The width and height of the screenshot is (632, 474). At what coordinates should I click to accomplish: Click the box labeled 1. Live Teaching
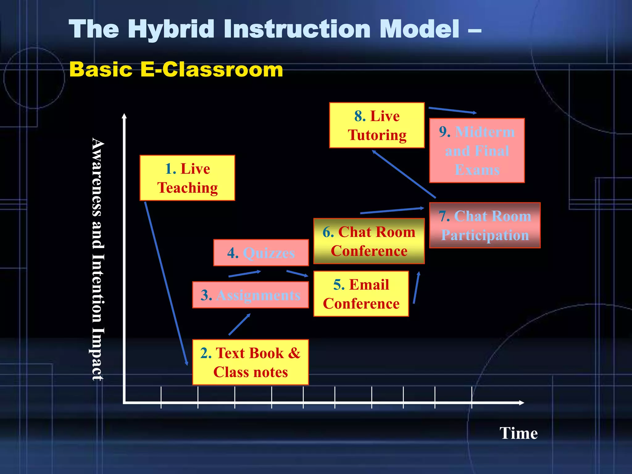[187, 178]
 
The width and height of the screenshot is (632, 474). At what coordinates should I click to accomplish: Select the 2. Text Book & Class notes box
[250, 362]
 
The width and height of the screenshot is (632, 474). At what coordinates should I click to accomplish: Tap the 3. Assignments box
[250, 295]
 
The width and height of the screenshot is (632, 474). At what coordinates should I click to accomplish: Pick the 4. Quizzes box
[261, 253]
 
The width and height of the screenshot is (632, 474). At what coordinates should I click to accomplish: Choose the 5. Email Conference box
[361, 294]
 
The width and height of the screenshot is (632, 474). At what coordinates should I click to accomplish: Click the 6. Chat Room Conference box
[369, 241]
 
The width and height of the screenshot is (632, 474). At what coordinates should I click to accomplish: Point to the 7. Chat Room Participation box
[484, 225]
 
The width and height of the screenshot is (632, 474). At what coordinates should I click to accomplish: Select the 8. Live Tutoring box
[377, 125]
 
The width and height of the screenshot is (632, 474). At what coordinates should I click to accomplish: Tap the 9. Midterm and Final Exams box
[477, 151]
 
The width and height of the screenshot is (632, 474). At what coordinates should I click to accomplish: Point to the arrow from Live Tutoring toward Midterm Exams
[452, 110]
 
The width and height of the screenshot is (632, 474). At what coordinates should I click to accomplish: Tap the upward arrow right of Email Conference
[416, 288]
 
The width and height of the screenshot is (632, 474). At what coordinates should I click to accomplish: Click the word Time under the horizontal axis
[518, 433]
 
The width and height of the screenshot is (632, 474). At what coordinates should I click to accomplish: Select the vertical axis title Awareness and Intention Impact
[98, 259]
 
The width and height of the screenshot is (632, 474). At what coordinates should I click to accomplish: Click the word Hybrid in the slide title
[173, 29]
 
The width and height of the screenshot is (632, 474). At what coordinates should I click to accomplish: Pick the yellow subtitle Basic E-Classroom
[176, 69]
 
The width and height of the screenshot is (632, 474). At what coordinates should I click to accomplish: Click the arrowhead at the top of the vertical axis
[124, 116]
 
